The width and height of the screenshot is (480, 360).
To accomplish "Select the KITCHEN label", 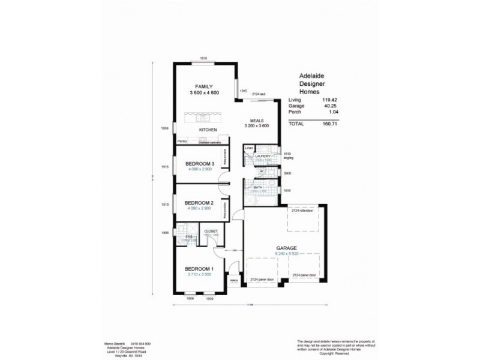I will (x=208, y=130).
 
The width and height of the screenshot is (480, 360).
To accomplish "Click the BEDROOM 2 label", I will (x=199, y=202).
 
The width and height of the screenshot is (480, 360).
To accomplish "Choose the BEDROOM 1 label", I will (x=199, y=268).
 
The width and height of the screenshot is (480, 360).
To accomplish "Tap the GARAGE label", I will (x=287, y=247).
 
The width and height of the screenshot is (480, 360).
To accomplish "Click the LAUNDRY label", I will (x=263, y=156).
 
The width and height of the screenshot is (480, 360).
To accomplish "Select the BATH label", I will (x=257, y=187).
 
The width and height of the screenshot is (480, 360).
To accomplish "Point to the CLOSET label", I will (x=210, y=231).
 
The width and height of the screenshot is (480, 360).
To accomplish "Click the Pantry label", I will (x=182, y=141).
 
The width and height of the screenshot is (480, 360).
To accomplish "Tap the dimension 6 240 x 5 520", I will (x=287, y=254).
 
